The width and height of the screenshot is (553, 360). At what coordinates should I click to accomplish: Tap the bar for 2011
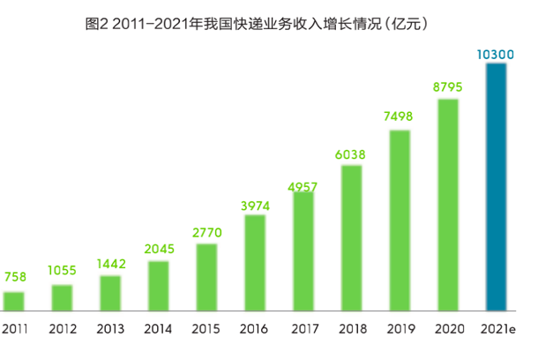coord(14,301)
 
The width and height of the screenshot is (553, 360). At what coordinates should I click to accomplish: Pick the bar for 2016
coord(255,263)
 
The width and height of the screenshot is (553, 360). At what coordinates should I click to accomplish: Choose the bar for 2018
coord(352,238)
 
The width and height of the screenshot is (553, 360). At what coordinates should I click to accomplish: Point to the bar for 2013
coord(110,293)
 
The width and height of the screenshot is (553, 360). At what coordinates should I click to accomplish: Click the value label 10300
coord(495,55)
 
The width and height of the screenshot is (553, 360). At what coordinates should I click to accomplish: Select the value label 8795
coord(448,88)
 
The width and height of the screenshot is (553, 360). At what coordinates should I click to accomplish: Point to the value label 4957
coord(303,186)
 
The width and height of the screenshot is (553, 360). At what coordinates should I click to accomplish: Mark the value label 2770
coord(206,233)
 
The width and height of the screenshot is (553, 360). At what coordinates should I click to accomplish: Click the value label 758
coord(15,277)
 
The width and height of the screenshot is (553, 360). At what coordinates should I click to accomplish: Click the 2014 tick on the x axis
coord(159,329)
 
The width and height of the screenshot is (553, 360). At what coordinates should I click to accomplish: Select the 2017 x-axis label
coord(303,329)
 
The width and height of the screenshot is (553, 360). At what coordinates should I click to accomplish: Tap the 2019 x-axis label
coord(400,329)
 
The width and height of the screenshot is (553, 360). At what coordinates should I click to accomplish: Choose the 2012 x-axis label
coord(62,329)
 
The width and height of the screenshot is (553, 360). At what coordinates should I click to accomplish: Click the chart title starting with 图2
coord(257,24)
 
